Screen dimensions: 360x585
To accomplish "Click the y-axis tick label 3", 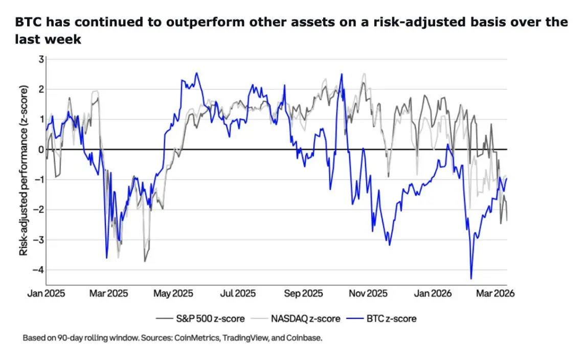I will [41, 60].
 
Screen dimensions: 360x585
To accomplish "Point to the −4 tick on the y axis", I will [39, 270].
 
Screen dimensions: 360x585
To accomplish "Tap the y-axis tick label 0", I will [41, 150].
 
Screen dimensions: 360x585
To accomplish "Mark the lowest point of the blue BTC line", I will [471, 278].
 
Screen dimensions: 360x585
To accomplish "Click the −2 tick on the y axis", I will [39, 210].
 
